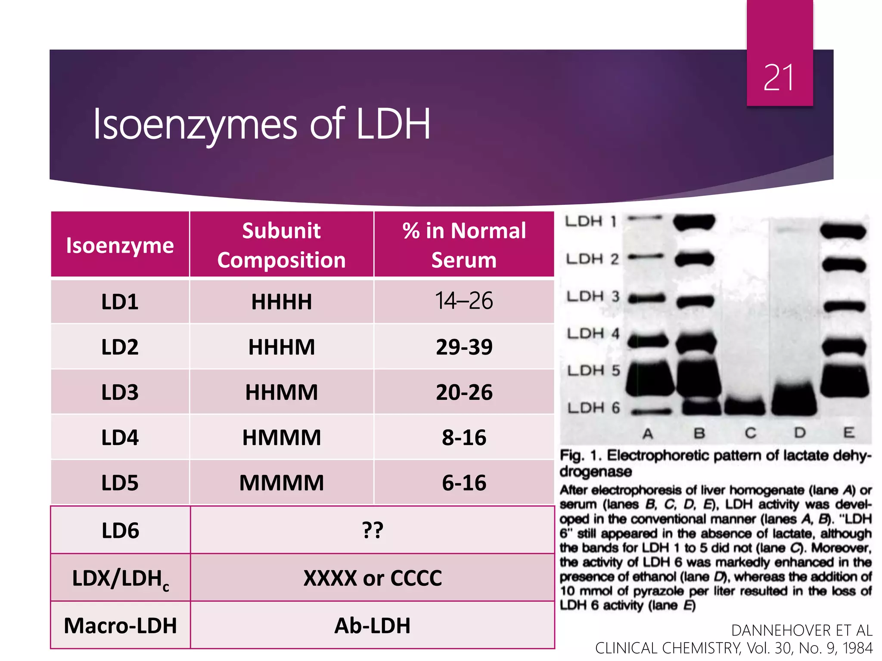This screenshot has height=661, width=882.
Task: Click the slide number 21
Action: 779,78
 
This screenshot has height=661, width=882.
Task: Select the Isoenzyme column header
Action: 120,245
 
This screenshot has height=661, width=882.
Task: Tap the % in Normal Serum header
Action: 464,245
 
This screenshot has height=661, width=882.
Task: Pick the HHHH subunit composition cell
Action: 282,302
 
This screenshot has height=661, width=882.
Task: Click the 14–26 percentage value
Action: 464,301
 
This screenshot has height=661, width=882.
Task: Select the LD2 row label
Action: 120,347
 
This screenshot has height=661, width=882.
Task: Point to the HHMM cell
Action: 282,392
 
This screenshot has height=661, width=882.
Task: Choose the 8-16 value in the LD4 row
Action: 464,438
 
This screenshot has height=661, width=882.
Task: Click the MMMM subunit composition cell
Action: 282,483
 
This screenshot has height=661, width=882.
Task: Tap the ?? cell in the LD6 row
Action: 372,530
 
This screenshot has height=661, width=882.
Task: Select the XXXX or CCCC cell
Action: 372,578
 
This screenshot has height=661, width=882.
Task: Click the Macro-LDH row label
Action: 120,626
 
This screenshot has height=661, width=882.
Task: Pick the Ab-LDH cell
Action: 372,626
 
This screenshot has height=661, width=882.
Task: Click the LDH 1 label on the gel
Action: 591,222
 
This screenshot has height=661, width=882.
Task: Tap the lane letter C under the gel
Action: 751,433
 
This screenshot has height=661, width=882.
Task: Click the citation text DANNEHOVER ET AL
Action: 801,630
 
